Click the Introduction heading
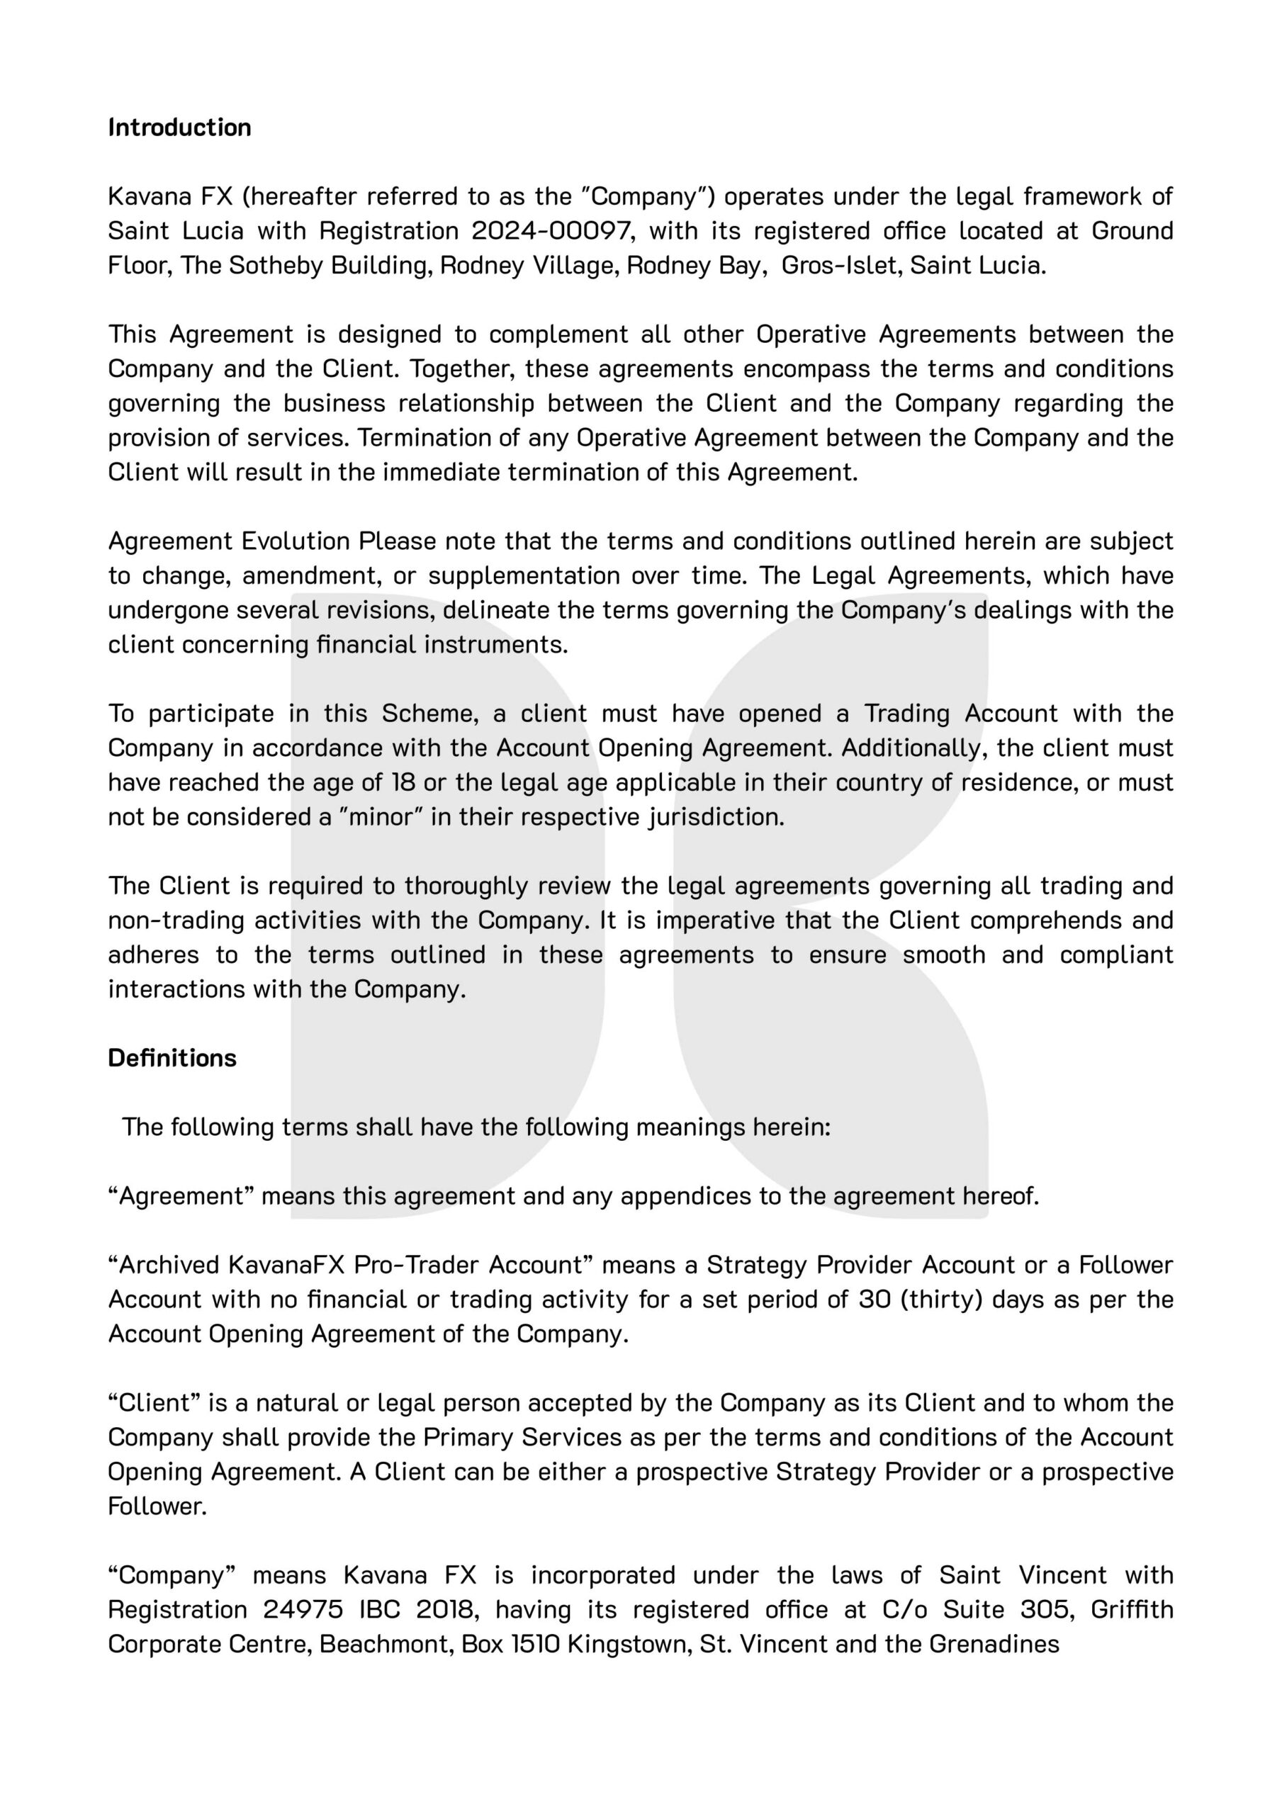pos(179,128)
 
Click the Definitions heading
pos(172,1058)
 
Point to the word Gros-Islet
pos(841,266)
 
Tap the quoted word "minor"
pos(382,817)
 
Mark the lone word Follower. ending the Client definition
pos(157,1506)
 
